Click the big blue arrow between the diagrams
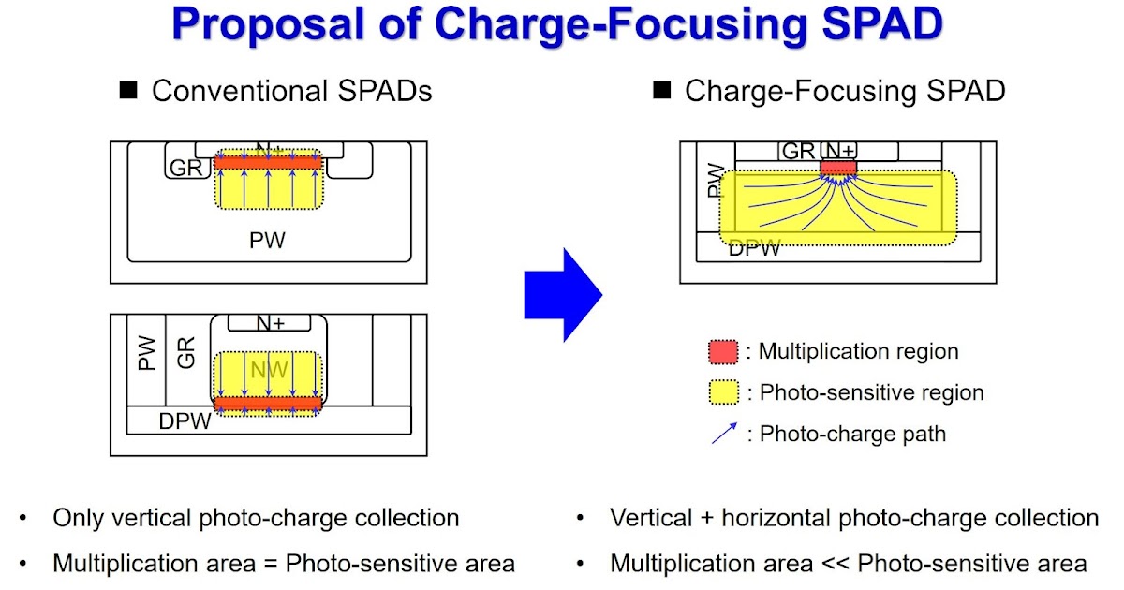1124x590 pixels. tap(562, 294)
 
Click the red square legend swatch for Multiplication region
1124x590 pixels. tap(722, 352)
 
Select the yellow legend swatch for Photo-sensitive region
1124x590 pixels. tap(722, 392)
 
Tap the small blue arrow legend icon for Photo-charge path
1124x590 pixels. tap(724, 434)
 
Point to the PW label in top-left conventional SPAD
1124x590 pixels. tap(267, 241)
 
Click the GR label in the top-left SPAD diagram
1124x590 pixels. tap(186, 168)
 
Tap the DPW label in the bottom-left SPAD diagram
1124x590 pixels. tap(185, 421)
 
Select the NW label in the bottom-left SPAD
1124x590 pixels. tap(269, 370)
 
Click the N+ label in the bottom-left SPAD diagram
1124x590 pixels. tap(270, 323)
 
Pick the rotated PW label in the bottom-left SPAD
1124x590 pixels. tap(146, 353)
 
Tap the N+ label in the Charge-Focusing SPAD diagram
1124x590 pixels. tap(838, 151)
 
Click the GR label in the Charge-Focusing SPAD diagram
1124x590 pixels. tap(798, 151)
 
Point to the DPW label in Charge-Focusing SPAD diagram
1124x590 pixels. tap(754, 248)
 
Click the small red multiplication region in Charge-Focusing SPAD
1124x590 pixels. tap(838, 168)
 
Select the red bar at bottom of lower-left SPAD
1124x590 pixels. tap(268, 404)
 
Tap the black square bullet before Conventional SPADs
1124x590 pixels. tap(128, 91)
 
